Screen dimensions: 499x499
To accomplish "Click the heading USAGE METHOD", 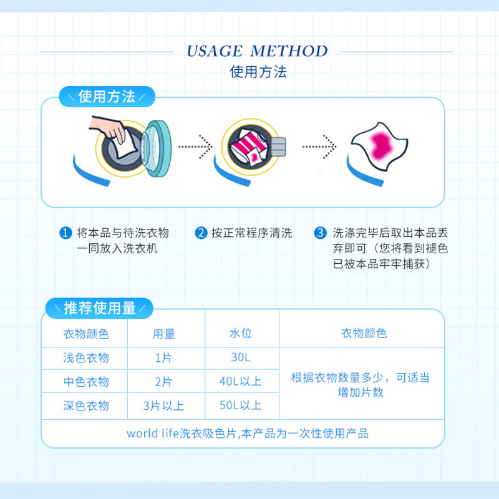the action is click(256, 51).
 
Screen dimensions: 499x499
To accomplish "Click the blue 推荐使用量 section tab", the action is click(100, 308).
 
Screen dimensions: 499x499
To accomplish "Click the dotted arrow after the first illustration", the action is click(195, 147).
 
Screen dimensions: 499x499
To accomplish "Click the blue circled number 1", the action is click(64, 233).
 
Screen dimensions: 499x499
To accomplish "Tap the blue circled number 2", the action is click(200, 233).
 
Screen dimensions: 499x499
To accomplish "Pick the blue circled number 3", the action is click(320, 233).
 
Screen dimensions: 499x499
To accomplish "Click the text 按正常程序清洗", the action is click(251, 233).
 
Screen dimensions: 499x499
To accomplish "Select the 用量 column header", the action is click(164, 334).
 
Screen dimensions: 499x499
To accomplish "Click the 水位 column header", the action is click(241, 334).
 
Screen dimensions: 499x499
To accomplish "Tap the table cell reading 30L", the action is click(241, 358).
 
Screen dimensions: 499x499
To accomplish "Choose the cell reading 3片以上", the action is click(164, 406).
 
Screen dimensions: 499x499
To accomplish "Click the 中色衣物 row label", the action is click(86, 382).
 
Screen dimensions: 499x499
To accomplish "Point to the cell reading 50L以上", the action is click(241, 406).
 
